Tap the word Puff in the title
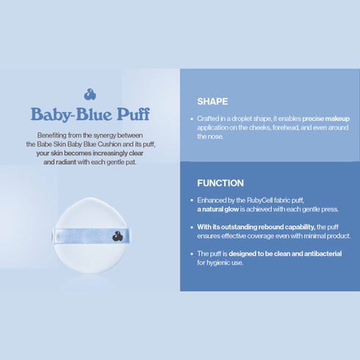point(132,115)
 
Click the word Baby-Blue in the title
point(71,115)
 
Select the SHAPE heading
point(212,101)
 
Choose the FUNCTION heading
point(220,183)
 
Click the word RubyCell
point(257,200)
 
